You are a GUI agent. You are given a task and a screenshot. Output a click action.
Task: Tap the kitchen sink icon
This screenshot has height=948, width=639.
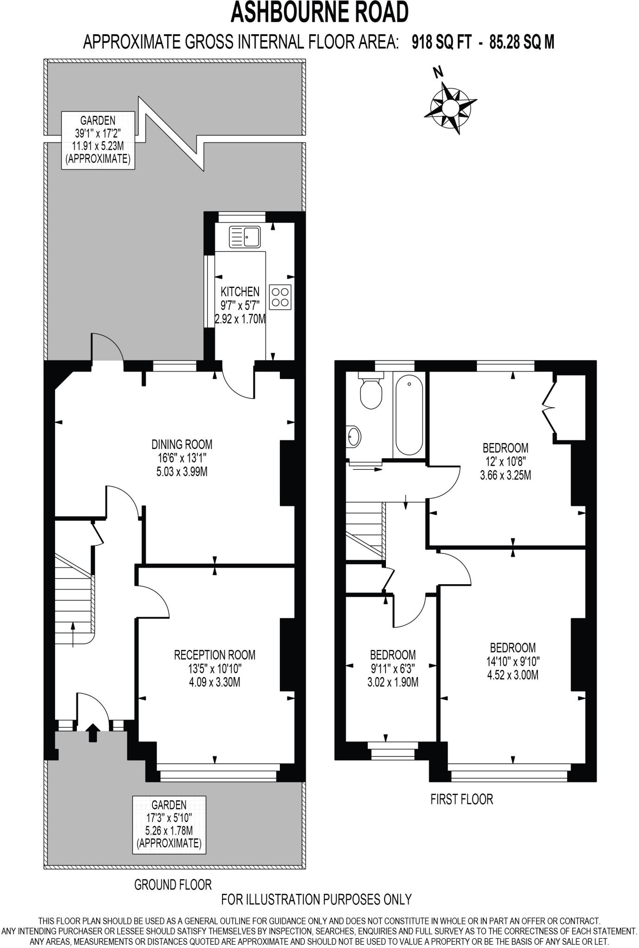point(245,237)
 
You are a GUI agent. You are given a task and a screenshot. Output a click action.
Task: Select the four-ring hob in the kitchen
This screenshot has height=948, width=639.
point(280,297)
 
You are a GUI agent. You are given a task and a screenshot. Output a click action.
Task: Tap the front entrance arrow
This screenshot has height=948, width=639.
point(93,733)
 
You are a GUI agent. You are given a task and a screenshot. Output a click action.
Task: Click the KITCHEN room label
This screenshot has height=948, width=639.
point(240,292)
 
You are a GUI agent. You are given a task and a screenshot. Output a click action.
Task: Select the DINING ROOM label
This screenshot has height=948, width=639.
point(182,445)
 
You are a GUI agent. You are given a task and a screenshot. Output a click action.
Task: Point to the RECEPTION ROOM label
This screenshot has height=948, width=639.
point(215,655)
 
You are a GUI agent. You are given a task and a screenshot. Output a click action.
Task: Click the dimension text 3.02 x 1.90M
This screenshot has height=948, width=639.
point(393,682)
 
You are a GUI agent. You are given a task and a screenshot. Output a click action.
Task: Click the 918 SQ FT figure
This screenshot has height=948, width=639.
point(442,43)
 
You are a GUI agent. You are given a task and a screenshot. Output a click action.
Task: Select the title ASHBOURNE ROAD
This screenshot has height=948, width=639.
point(320,12)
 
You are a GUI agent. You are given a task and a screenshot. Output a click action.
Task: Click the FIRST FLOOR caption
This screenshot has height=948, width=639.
point(462,799)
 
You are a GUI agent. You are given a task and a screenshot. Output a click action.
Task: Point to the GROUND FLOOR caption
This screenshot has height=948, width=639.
point(173,885)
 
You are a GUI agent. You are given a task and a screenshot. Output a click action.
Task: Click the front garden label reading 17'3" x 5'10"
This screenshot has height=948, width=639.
point(169,818)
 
